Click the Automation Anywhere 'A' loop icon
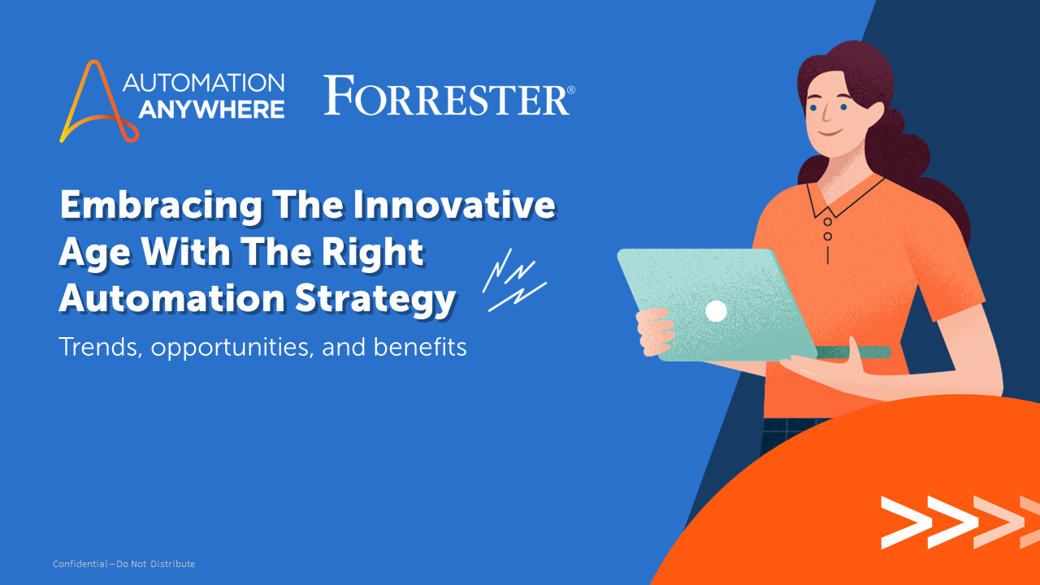89,102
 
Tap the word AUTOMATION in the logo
203,83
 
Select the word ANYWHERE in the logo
211,109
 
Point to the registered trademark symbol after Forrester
570,89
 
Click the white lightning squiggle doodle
513,280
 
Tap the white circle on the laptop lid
716,310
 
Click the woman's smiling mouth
828,134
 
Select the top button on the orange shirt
827,221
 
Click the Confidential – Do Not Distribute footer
123,564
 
